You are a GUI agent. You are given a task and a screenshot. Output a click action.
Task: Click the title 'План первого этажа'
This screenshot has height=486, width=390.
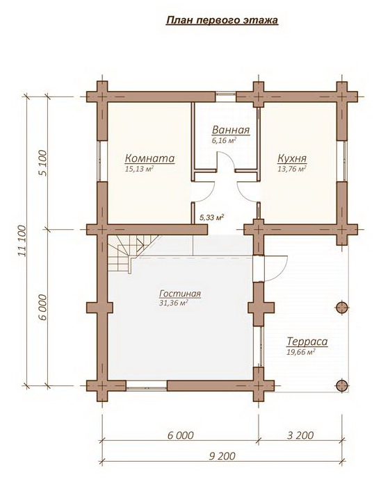point(222,20)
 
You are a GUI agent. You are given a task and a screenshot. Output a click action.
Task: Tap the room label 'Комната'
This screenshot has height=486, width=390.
point(150,158)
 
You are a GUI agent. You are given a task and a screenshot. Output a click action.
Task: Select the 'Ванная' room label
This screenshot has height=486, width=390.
point(231,131)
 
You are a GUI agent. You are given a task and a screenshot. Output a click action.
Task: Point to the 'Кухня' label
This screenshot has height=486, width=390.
point(292,158)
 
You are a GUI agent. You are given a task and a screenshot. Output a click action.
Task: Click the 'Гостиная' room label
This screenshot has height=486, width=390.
point(180,294)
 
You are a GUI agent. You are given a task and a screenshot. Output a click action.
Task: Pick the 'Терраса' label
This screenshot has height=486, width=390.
point(307,342)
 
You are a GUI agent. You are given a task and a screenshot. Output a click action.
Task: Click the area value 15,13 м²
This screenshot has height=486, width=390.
point(140,169)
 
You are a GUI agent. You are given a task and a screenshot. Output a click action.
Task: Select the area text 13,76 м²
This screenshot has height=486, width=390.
point(292,169)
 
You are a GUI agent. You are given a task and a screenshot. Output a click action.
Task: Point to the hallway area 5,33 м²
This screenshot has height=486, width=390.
point(211,217)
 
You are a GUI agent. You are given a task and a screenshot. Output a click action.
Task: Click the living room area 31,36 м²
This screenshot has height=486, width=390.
point(174,303)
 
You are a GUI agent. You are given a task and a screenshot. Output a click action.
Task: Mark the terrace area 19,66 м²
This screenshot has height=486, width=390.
point(301,352)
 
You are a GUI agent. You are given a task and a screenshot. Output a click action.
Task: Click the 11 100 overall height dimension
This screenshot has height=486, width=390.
point(22,241)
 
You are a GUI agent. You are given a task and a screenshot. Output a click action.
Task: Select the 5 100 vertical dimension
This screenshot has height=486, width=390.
point(43,163)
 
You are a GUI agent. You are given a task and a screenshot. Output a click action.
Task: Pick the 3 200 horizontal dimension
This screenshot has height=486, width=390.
point(300,435)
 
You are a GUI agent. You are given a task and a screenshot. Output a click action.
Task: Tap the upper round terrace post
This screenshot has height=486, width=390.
point(341,308)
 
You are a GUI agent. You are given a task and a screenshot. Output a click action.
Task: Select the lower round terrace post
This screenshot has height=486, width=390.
point(341,385)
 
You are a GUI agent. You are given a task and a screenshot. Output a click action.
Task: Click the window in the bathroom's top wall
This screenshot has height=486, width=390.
point(225,97)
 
